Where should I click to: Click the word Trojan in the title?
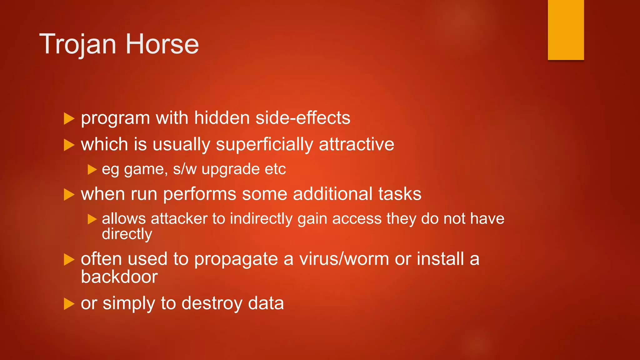point(78,44)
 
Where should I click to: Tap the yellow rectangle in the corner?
point(566,30)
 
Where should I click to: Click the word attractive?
point(356,144)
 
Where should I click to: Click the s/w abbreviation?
point(185,169)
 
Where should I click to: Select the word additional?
point(333,194)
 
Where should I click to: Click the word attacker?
point(179,218)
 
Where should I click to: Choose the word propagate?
point(236,259)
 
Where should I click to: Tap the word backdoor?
point(119,277)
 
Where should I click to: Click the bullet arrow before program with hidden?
point(69,118)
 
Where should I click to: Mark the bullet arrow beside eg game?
point(92,169)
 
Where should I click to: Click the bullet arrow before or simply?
point(69,303)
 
